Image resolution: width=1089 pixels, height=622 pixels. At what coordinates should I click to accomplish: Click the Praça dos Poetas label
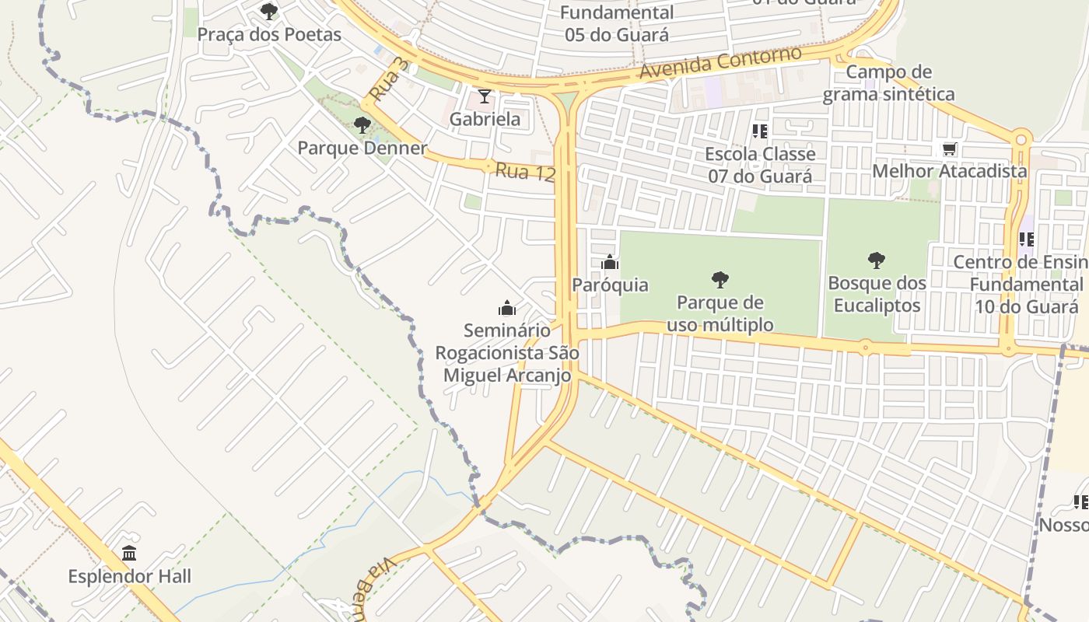click(x=269, y=35)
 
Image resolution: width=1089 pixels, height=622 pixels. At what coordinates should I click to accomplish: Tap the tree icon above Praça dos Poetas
click(x=269, y=12)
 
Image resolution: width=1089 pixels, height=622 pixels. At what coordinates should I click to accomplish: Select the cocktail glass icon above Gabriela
click(x=485, y=96)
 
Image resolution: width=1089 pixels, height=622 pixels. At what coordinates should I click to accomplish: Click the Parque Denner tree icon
click(x=362, y=125)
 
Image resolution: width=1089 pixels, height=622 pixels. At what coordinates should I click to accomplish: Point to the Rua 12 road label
click(x=525, y=172)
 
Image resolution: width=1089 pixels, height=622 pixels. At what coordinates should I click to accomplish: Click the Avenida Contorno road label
click(x=720, y=63)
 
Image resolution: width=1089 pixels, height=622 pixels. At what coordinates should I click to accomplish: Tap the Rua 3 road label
click(x=388, y=79)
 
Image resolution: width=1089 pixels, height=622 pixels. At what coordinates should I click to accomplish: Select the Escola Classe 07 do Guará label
click(x=760, y=165)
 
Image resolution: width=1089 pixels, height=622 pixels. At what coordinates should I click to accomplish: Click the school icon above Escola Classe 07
click(x=760, y=131)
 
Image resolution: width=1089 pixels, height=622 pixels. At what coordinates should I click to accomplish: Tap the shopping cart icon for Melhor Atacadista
click(x=949, y=149)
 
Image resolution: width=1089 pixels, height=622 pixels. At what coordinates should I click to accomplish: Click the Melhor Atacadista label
click(x=950, y=171)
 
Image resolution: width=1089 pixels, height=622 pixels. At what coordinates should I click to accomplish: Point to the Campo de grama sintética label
click(x=888, y=83)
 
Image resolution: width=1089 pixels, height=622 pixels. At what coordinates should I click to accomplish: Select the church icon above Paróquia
click(x=610, y=263)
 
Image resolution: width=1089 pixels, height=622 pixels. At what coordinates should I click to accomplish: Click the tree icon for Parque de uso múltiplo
click(x=720, y=280)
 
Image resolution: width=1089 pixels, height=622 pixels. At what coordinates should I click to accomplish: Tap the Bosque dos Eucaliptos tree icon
click(x=877, y=260)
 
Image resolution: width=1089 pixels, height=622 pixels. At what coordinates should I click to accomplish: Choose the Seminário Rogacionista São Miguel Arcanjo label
click(x=507, y=353)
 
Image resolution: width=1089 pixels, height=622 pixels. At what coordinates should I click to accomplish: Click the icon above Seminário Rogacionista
click(x=507, y=308)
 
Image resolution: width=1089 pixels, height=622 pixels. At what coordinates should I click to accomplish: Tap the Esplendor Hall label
click(x=129, y=576)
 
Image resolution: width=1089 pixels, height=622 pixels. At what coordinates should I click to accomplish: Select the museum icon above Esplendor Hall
click(x=129, y=554)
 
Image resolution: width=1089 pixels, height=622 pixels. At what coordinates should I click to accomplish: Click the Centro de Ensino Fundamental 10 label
click(x=1024, y=284)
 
